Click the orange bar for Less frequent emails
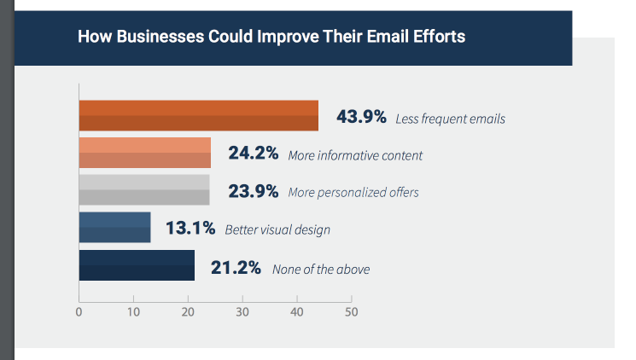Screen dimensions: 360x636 point(198,116)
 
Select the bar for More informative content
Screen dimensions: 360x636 point(144,154)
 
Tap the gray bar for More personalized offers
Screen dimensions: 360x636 point(143,190)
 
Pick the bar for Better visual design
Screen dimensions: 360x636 point(114,228)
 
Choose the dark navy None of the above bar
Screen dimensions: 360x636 point(137,265)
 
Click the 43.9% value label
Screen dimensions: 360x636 point(361,117)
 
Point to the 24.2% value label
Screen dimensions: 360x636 point(254,154)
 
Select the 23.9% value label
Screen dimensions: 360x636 point(254,191)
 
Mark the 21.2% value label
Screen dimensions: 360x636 point(235,267)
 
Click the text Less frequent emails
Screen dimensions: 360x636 point(450,119)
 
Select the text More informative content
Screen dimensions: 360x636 point(355,156)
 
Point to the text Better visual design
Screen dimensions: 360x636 point(277,230)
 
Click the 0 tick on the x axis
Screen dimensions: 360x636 point(79,312)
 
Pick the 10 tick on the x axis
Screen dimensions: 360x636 point(133,312)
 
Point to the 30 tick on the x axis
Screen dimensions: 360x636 point(242,312)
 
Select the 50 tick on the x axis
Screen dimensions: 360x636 point(351,312)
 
